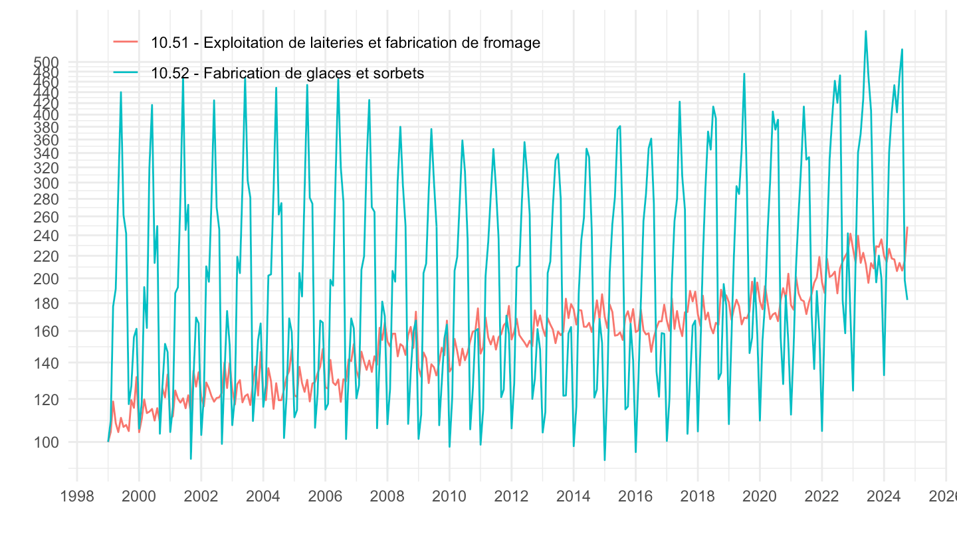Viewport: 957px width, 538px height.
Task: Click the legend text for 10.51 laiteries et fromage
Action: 345,43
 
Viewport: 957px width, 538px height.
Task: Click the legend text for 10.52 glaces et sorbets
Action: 287,73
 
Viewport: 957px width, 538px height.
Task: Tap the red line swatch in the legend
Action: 126,42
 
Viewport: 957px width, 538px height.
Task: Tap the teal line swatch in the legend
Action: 126,73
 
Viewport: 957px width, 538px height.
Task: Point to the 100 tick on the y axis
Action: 47,442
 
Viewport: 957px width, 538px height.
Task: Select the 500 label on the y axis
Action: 47,62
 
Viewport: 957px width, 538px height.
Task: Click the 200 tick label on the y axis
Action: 47,278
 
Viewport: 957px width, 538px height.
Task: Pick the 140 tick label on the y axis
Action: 47,363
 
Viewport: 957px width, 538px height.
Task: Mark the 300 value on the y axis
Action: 47,183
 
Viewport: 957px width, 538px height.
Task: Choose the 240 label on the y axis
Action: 47,235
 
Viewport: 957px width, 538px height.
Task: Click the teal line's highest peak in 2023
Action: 865,31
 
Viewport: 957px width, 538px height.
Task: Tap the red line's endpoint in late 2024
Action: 907,227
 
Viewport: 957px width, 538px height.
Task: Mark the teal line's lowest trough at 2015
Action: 605,460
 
